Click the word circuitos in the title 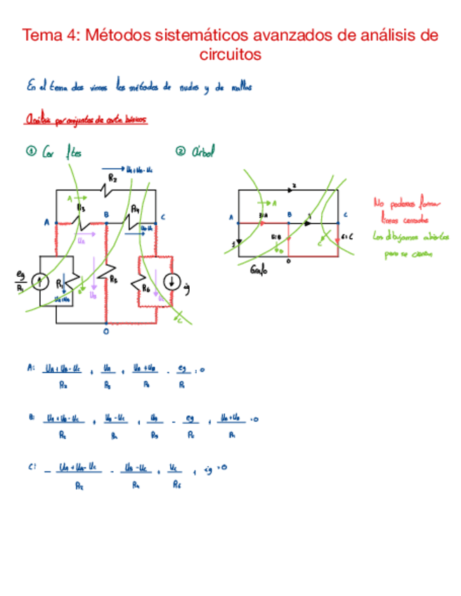[x=230, y=54]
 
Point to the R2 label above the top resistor [x=112, y=181]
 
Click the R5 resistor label [x=114, y=278]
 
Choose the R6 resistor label [x=146, y=287]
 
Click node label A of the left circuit [x=47, y=223]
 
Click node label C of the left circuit [x=162, y=217]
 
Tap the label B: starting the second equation [x=32, y=417]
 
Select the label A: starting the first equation [x=30, y=367]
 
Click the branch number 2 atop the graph [x=294, y=185]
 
